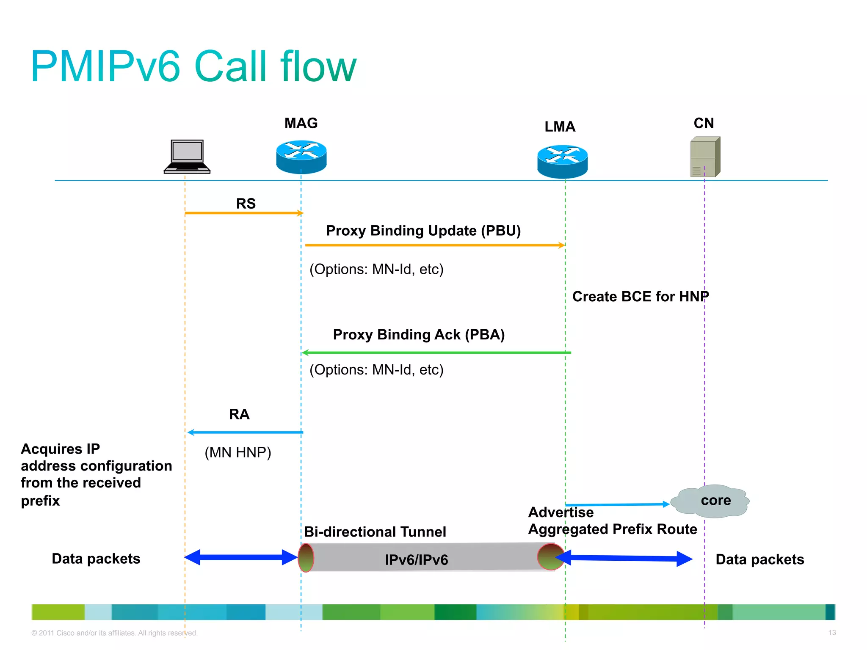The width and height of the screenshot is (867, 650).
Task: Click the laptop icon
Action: coord(187,157)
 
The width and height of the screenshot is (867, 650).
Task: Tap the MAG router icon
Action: coord(301,157)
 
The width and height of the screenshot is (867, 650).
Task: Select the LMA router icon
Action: coord(562,161)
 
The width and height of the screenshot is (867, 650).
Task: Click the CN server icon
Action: coord(705,157)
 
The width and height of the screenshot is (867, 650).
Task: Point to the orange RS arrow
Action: coord(244,213)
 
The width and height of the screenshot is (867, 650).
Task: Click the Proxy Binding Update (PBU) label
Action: coord(423,231)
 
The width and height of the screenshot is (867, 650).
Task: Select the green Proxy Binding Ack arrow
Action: coord(436,353)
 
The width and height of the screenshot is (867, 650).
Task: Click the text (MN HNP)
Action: coord(237,453)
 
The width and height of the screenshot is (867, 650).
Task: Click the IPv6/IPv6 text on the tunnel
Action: coord(416,560)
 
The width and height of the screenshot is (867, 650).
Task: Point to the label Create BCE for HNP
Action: coord(640,297)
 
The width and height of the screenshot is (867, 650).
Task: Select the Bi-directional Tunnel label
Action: coord(375,532)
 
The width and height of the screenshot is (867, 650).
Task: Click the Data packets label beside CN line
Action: coord(759,559)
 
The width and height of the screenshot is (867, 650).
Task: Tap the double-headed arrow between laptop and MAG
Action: coord(241,557)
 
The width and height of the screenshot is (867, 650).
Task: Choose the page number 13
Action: coord(832,633)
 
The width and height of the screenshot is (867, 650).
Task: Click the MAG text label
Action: coord(301,123)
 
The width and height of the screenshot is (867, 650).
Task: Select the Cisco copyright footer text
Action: coord(114,633)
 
